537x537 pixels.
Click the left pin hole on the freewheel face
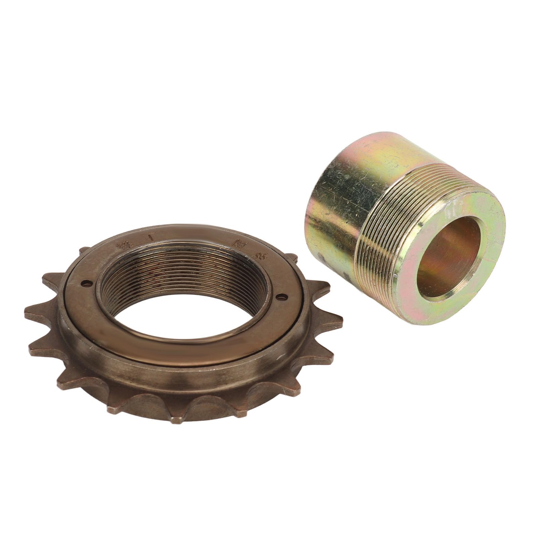click(88, 283)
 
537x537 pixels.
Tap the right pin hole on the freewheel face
click(282, 296)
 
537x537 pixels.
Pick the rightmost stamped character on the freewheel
click(259, 256)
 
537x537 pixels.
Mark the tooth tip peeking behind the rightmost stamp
click(292, 258)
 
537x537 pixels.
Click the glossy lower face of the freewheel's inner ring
click(188, 349)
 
